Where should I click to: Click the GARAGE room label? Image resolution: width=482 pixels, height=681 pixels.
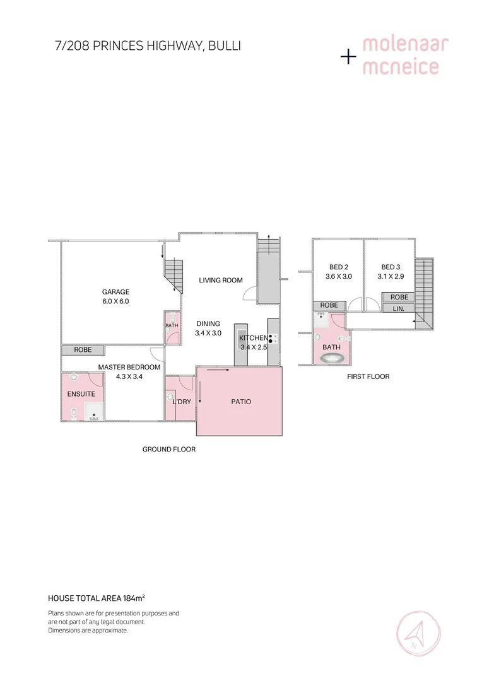pyautogui.click(x=115, y=292)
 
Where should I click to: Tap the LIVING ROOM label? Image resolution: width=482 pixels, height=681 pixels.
pyautogui.click(x=221, y=280)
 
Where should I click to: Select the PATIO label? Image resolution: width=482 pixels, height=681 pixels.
pyautogui.click(x=240, y=402)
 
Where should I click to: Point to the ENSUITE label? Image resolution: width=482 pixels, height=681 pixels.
pyautogui.click(x=81, y=394)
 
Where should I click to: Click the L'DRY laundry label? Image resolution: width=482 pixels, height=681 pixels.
pyautogui.click(x=182, y=402)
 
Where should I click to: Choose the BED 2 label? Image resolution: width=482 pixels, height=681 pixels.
pyautogui.click(x=338, y=267)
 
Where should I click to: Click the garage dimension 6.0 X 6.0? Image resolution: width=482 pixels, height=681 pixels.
pyautogui.click(x=115, y=301)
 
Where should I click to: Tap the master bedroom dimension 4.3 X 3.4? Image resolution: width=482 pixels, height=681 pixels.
pyautogui.click(x=129, y=376)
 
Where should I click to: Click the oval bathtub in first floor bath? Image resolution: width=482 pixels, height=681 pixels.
pyautogui.click(x=332, y=358)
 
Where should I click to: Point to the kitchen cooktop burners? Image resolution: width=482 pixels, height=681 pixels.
pyautogui.click(x=272, y=339)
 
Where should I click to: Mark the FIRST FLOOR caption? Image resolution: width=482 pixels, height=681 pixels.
pyautogui.click(x=368, y=376)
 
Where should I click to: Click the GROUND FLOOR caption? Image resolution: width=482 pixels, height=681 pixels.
pyautogui.click(x=169, y=450)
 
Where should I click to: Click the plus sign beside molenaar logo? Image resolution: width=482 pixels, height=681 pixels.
pyautogui.click(x=348, y=57)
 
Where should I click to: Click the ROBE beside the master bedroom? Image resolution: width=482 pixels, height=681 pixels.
pyautogui.click(x=83, y=350)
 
